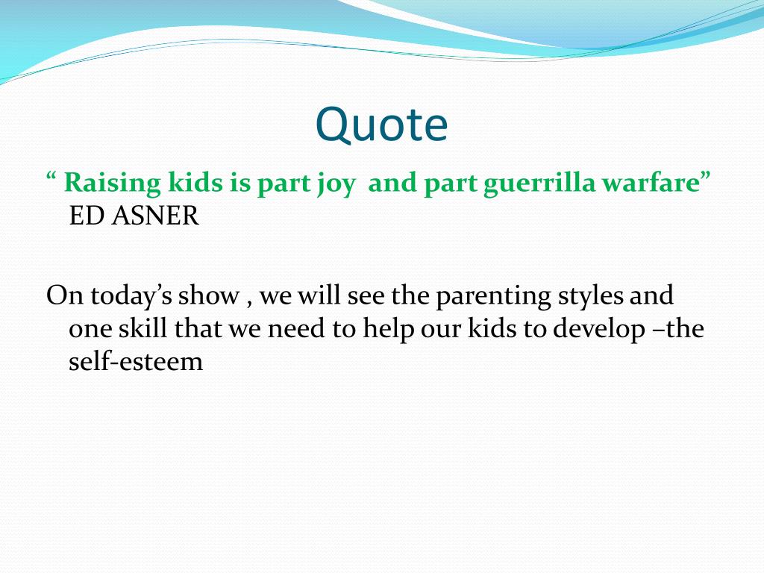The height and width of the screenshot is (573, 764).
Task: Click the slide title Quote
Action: click(x=381, y=125)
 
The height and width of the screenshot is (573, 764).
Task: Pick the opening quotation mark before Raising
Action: click(x=51, y=176)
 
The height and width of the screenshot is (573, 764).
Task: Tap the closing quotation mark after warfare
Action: click(x=706, y=176)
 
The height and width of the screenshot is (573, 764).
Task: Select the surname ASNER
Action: click(x=155, y=216)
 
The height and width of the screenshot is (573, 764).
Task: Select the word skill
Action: click(x=143, y=328)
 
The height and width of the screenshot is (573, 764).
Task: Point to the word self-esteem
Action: click(x=136, y=361)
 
